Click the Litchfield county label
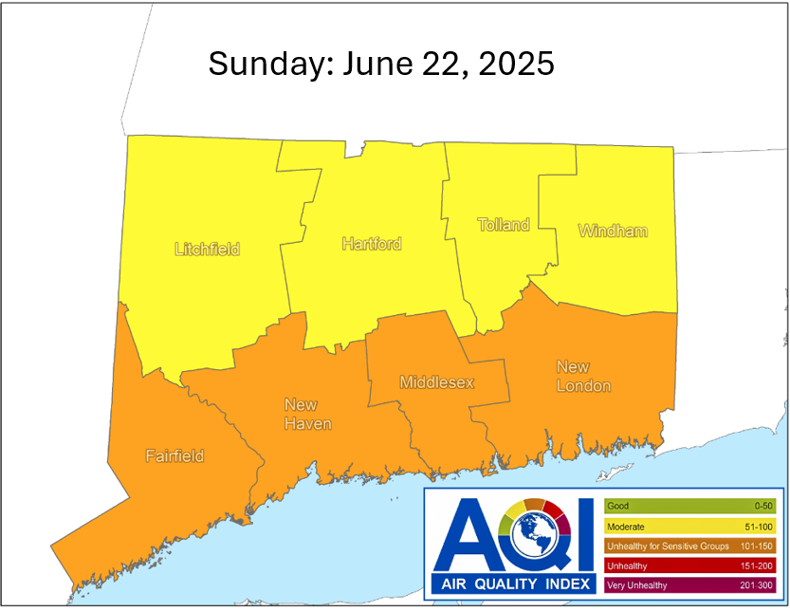click(x=207, y=250)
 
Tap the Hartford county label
click(x=371, y=244)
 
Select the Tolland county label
click(x=503, y=225)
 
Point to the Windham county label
click(x=612, y=231)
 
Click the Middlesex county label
click(x=436, y=382)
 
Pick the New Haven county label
click(x=307, y=415)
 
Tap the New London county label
click(x=583, y=377)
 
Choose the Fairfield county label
click(x=175, y=455)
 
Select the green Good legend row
click(x=689, y=507)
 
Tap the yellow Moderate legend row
click(x=689, y=527)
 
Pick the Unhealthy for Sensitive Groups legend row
click(x=689, y=547)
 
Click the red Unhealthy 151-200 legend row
click(x=689, y=566)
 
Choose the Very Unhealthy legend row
click(x=689, y=585)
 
